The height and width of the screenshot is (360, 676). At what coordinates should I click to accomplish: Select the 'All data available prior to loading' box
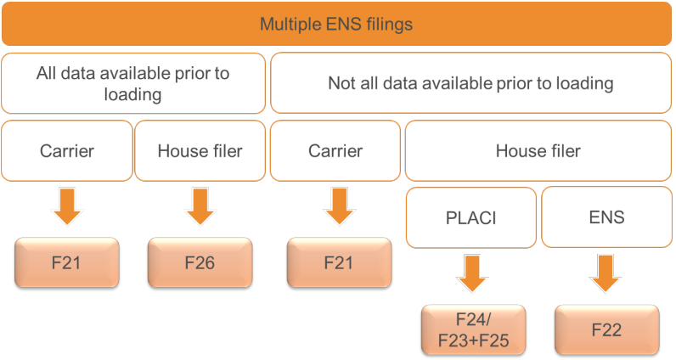coord(133,83)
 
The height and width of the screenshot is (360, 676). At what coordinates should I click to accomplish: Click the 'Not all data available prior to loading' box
coord(470,82)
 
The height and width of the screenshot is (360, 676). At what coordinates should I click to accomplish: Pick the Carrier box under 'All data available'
coord(67,151)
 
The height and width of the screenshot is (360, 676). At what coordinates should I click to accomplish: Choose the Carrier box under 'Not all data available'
coord(335,151)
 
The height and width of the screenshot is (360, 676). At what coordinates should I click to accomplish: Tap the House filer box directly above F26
coord(200,151)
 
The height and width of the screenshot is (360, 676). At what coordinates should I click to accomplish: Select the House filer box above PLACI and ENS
coord(538,151)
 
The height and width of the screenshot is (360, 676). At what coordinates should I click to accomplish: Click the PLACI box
coord(471,217)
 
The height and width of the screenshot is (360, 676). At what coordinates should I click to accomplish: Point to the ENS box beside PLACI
coord(606,217)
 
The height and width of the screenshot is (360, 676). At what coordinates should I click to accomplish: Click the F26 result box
coord(200,262)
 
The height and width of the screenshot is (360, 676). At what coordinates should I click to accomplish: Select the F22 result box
coord(607,329)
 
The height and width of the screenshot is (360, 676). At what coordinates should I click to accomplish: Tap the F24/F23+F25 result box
coord(473,329)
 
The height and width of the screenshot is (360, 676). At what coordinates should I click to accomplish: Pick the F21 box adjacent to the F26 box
coord(67,262)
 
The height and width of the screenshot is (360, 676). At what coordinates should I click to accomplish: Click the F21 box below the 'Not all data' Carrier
coord(340,262)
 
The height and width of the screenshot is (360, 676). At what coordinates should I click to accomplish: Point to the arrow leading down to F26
coord(200,206)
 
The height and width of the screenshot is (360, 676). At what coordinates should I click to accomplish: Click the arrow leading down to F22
coord(606,273)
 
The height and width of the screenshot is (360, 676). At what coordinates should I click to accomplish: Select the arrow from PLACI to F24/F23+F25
coord(472,273)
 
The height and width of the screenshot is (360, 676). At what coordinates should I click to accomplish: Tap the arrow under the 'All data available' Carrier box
coord(67,206)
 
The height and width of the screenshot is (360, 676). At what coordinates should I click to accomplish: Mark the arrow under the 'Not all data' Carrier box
coord(340,206)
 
